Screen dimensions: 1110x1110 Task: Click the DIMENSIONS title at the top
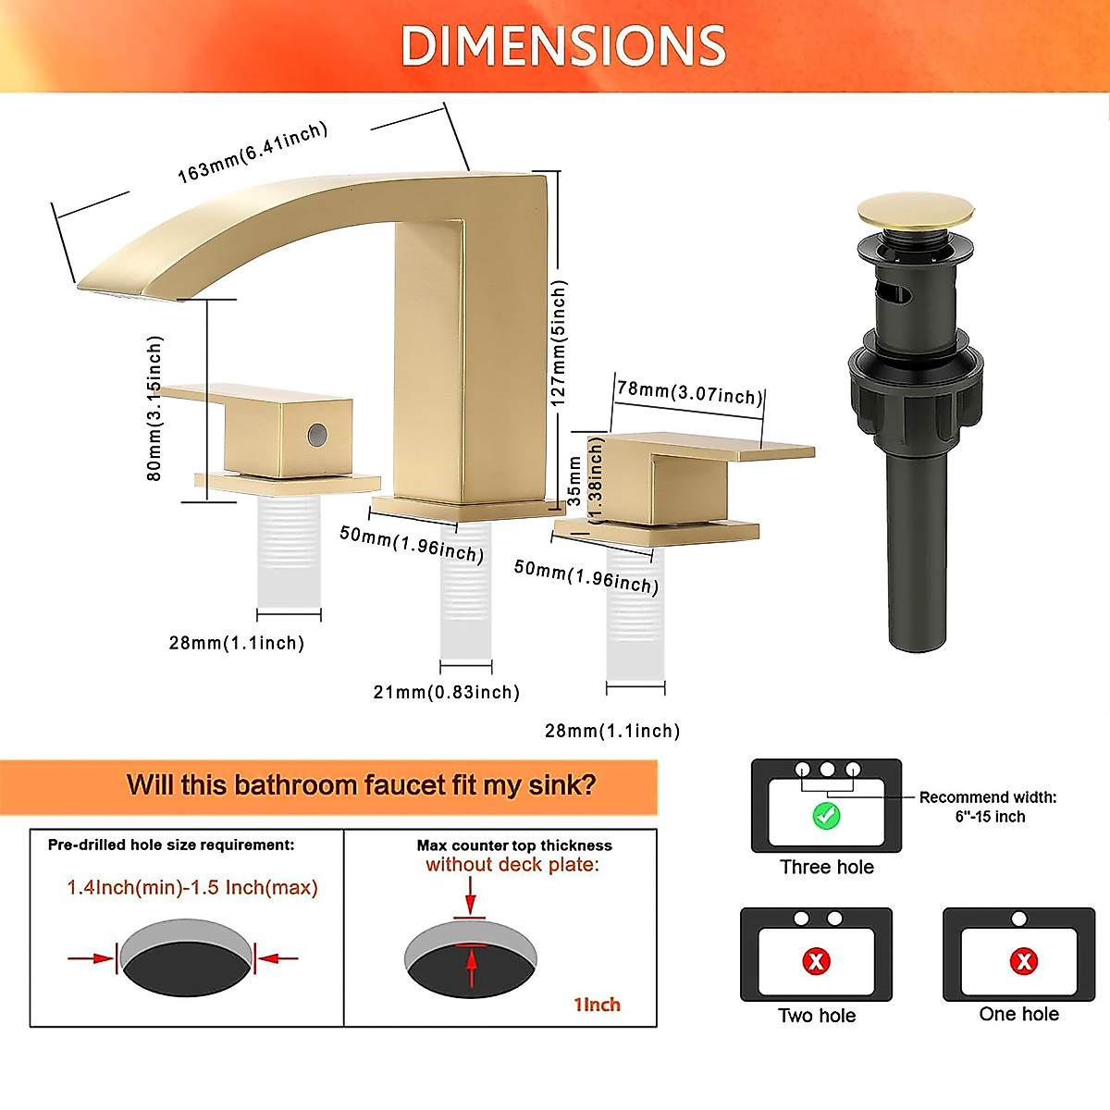pos(563,46)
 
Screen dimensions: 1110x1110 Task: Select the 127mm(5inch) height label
pos(559,343)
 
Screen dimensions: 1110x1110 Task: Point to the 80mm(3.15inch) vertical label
pos(154,408)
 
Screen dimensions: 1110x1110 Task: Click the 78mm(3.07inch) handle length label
pos(690,392)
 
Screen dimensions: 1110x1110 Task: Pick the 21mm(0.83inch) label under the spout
pos(446,692)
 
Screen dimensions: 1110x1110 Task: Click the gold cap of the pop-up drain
pos(914,210)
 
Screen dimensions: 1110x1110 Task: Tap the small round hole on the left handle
pos(316,433)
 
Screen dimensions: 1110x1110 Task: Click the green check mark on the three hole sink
pos(825,816)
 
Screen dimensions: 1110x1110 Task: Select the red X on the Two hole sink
pos(816,961)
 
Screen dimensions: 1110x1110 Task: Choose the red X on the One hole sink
pos(1023,961)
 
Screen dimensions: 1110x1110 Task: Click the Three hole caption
pos(826,867)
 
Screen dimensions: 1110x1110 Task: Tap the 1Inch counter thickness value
pos(598,1005)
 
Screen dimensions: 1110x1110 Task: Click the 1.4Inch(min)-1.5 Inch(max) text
pos(192,888)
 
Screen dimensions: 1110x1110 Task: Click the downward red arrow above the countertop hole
pos(471,895)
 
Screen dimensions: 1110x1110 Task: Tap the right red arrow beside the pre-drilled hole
pos(277,958)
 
